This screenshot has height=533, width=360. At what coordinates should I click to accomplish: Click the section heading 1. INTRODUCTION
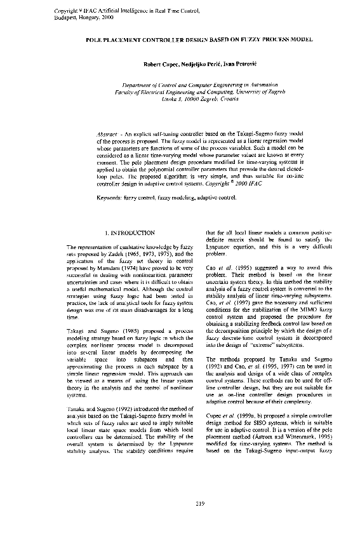(x=130, y=233)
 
